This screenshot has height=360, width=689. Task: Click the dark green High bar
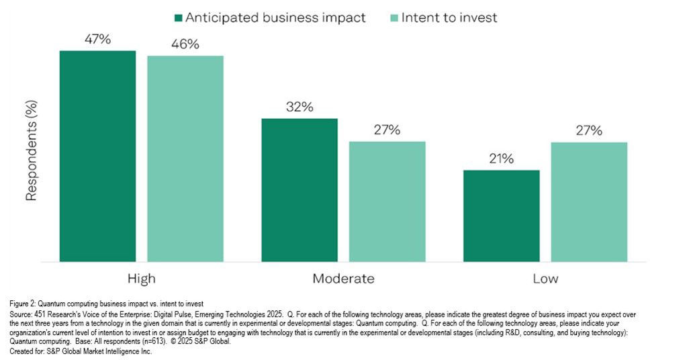[x=97, y=156]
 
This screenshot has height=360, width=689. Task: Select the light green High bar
[x=185, y=159]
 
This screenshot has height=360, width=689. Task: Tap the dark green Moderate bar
[x=299, y=190]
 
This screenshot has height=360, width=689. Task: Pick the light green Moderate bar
[x=387, y=201]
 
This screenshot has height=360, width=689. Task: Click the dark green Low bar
[x=501, y=216]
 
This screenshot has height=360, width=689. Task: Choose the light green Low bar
[x=589, y=201]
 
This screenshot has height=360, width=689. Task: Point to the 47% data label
[x=97, y=39]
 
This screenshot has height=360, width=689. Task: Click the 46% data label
[x=185, y=44]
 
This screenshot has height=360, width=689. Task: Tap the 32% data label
[x=299, y=107]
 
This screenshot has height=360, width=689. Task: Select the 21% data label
[x=501, y=159]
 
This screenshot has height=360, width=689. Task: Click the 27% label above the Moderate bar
[x=387, y=130]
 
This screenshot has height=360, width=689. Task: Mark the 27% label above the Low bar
[x=589, y=130]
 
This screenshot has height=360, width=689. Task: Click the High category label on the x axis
[x=141, y=278]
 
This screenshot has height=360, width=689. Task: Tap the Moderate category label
[x=343, y=278]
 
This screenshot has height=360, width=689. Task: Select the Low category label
[x=545, y=278]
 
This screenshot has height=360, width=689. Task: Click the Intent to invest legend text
[x=449, y=17]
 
